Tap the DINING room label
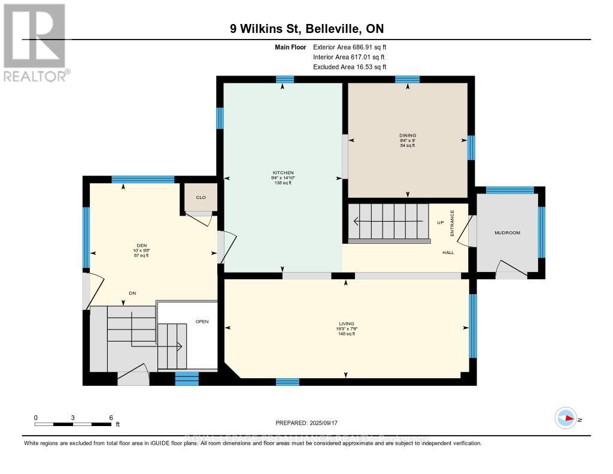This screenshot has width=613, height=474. point(408,135)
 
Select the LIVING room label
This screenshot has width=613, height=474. point(346,324)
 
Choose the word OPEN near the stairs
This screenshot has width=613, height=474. point(202,322)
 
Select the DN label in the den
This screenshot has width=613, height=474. point(132,293)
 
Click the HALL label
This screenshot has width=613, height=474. point(448,253)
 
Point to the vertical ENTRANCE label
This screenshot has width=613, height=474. point(453,222)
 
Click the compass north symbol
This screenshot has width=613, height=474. point(566,418)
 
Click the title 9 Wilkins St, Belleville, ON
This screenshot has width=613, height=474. point(306,28)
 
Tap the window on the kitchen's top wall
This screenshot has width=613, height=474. point(285,80)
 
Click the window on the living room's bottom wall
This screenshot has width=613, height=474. point(287,382)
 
